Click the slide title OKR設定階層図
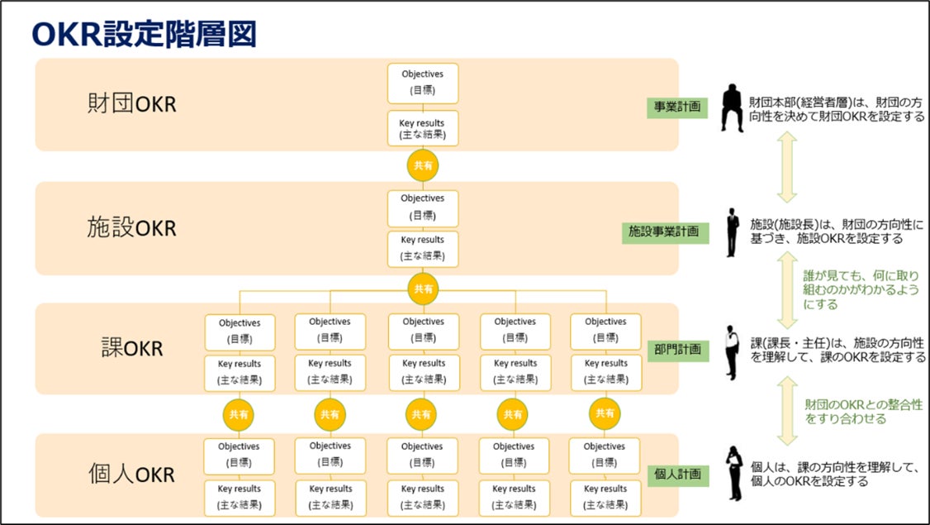click(x=145, y=35)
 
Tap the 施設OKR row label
click(x=132, y=227)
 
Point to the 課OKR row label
click(x=132, y=348)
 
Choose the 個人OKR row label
click(x=132, y=475)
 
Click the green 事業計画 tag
click(x=677, y=107)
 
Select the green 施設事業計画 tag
click(x=664, y=232)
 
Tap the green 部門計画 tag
click(x=676, y=350)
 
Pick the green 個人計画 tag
click(x=676, y=475)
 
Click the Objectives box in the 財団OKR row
click(x=422, y=83)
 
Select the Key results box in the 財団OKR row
click(x=422, y=128)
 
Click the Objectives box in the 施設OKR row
click(x=422, y=207)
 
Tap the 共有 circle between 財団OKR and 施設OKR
click(x=422, y=165)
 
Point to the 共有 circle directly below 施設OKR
click(x=422, y=289)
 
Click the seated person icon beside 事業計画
click(x=732, y=107)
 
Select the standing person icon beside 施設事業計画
click(x=732, y=232)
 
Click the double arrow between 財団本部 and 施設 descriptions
click(x=786, y=167)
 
